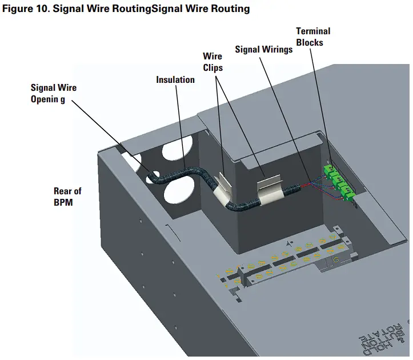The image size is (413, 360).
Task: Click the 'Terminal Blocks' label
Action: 312,37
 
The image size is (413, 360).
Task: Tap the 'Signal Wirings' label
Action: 263,50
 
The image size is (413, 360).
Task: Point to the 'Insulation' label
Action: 175,79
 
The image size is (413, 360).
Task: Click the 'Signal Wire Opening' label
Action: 53,93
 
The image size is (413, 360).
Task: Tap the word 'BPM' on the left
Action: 63,202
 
